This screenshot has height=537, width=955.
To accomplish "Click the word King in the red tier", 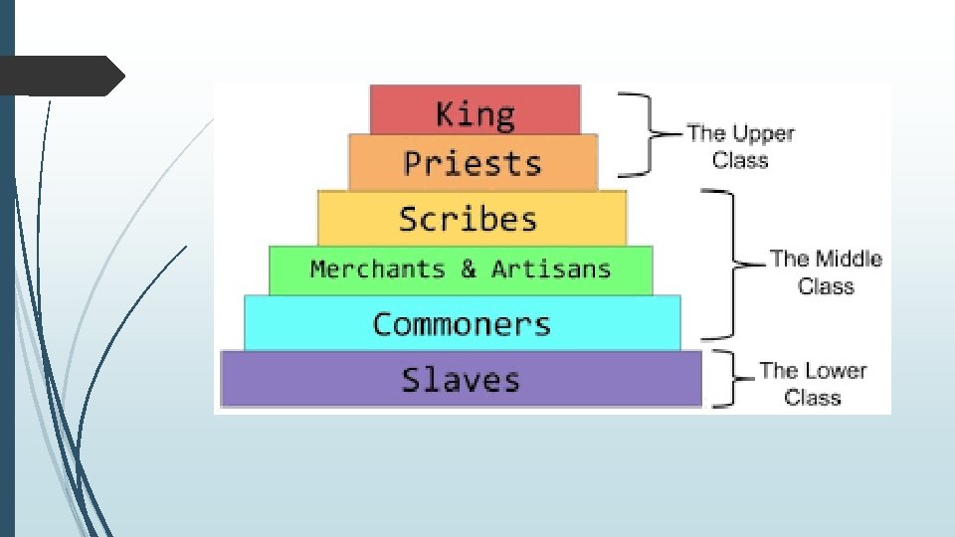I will tap(476, 113).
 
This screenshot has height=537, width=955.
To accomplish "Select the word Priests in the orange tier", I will tap(473, 163).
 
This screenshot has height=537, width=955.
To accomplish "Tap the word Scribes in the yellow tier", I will tap(468, 219).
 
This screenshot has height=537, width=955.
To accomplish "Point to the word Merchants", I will tap(377, 269).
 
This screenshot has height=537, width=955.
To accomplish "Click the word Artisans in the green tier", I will tap(550, 269).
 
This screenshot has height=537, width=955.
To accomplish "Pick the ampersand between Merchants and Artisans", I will tap(469, 269).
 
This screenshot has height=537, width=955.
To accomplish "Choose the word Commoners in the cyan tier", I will tap(462, 324).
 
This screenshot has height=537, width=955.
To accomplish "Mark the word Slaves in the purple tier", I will tap(461, 380).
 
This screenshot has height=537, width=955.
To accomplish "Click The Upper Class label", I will tap(740, 146).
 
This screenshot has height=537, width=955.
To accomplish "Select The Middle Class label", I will tap(826, 272).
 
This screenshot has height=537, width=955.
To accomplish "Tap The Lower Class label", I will tap(813, 384).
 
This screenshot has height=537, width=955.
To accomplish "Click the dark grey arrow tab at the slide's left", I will tap(63, 76).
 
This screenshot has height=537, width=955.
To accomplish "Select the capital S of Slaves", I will tap(411, 380).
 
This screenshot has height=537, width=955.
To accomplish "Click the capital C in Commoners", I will tap(383, 324).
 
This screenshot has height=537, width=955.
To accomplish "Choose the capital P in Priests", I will tap(412, 163).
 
